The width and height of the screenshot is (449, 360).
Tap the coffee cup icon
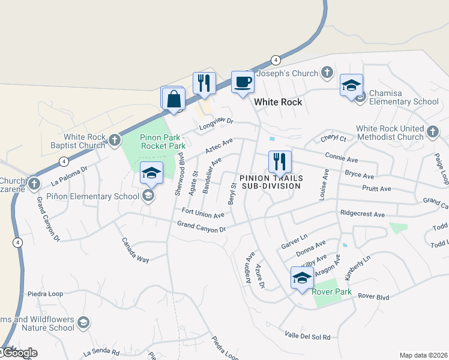pos(243,82)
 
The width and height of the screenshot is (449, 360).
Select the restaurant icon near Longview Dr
pos(204,83)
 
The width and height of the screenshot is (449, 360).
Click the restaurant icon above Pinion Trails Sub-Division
pos(280,162)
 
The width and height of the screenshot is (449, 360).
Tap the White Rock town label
pos(278,102)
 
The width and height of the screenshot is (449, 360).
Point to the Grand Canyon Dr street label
pos(201,227)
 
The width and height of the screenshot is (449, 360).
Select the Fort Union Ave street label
pos(203,212)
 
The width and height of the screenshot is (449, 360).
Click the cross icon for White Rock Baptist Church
pos(115,141)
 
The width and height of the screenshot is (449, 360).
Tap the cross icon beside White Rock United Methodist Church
pos(433,130)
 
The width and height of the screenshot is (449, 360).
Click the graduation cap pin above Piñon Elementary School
pos(152,173)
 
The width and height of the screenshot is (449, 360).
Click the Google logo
pos(19,353)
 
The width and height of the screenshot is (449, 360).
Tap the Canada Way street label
pos(136,251)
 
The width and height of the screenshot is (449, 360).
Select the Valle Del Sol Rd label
pos(307,336)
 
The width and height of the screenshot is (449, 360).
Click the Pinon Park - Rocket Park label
pos(163,141)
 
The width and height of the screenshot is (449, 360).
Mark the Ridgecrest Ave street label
pos(362,214)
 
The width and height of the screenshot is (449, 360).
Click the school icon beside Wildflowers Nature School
pos(83,323)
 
